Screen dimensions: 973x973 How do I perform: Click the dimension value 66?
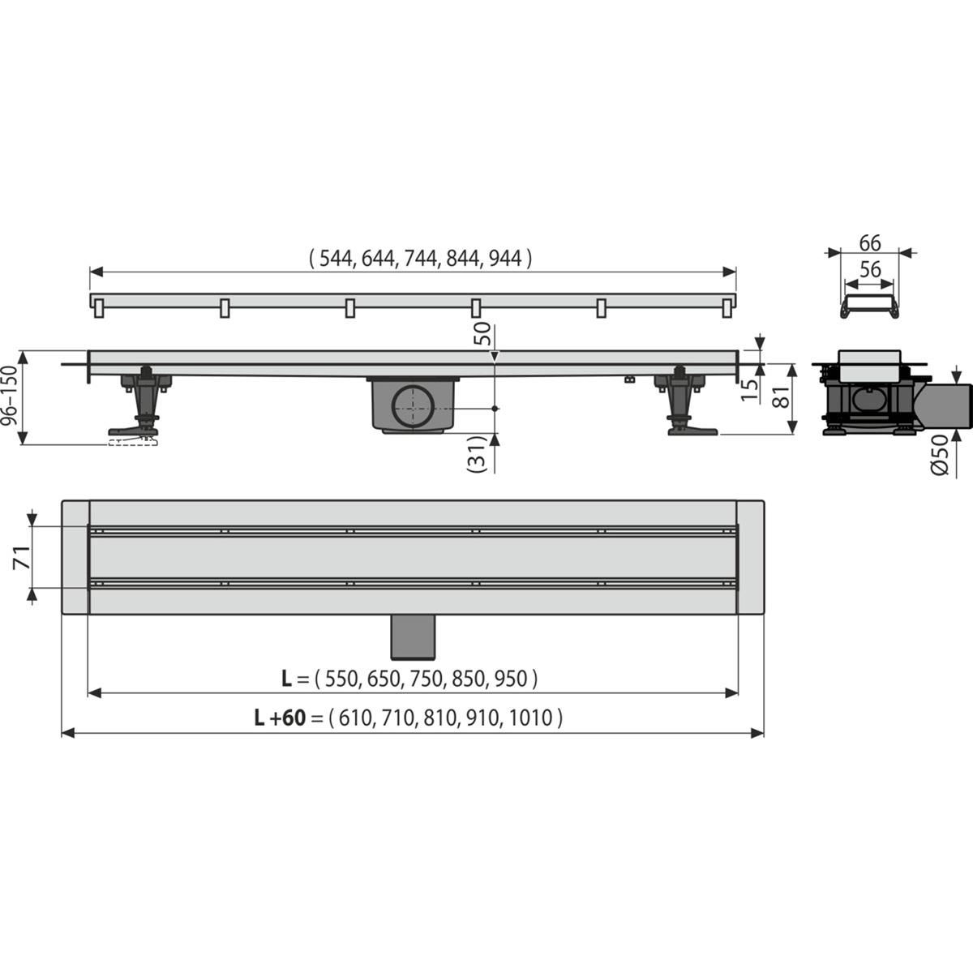coord(870,242)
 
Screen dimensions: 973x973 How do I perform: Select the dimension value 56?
coord(870,270)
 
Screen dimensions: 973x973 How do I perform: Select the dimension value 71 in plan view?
coord(24,558)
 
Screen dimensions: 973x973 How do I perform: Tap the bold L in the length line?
coord(286,679)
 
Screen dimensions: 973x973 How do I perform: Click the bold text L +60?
coord(280,717)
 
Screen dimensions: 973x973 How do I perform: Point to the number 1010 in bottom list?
coord(533,717)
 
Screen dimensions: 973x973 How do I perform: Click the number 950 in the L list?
coord(512,679)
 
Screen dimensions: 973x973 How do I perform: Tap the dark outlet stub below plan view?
coord(414,637)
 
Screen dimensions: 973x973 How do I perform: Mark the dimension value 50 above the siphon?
coord(483,334)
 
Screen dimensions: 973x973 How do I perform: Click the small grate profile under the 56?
coord(869,306)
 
